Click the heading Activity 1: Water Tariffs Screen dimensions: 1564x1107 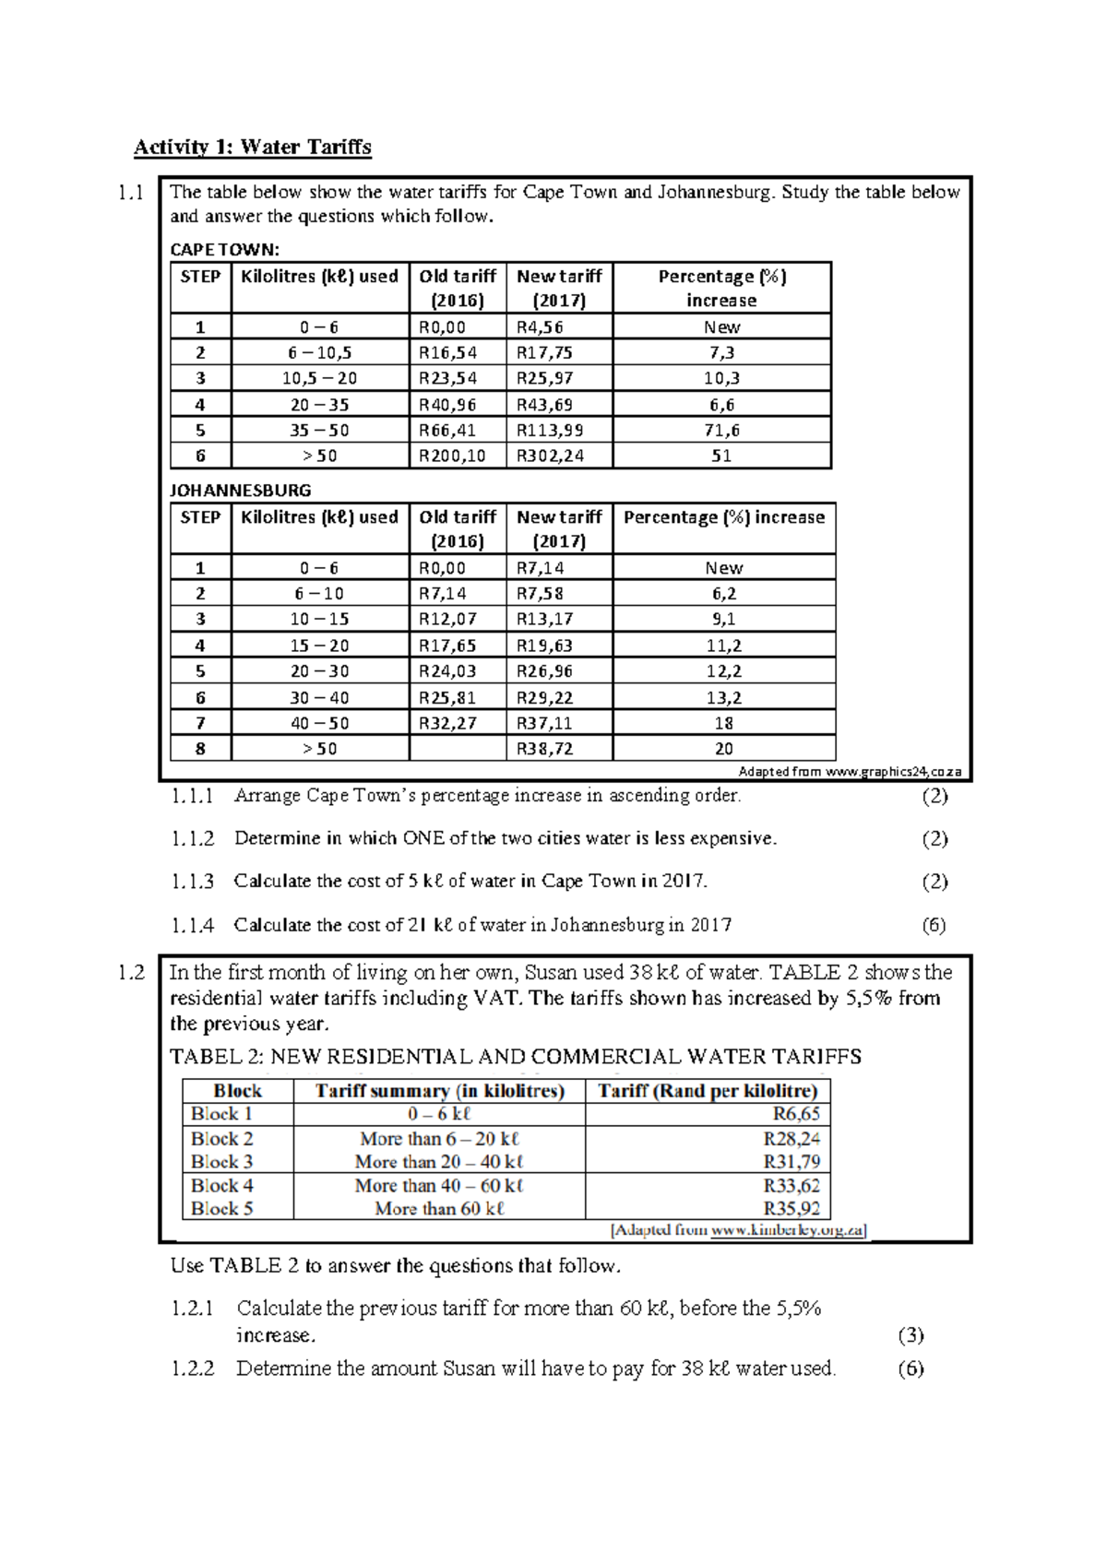coord(252,148)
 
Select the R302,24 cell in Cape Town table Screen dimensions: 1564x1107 coord(550,456)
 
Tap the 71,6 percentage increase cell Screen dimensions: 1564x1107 coord(721,430)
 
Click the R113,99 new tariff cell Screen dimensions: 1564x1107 coord(550,430)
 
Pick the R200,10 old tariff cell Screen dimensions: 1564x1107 coord(452,456)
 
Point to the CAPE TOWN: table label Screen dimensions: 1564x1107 coord(224,250)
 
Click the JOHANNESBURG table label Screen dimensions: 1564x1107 coord(240,491)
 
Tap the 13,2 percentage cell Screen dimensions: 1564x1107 coord(723,697)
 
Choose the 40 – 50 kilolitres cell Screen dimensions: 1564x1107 coord(319,723)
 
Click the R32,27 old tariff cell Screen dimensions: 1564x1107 coord(447,723)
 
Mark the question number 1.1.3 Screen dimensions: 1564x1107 coord(193,882)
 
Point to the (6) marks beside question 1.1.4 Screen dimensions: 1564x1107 coord(934,925)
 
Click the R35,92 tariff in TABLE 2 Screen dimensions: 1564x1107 coord(792,1208)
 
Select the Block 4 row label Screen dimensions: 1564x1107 coord(222,1186)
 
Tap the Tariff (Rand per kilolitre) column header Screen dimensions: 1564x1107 coord(708,1091)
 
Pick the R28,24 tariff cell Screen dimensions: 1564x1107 coord(792,1139)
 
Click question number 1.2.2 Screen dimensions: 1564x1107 coord(193,1368)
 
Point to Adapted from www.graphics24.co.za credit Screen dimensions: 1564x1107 coord(850,772)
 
